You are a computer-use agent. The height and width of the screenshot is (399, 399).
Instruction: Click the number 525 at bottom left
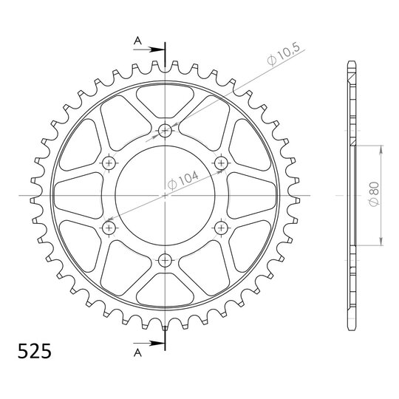coord(34,351)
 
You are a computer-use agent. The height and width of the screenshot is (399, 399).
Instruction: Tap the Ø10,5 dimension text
coord(283,55)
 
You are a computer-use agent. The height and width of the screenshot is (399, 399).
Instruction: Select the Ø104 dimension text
coord(183,180)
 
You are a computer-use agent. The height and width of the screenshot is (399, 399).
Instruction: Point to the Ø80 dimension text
coord(374,194)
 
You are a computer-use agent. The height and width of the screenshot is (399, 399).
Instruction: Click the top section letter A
coord(137,40)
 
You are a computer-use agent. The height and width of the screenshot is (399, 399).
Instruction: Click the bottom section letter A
coord(137,352)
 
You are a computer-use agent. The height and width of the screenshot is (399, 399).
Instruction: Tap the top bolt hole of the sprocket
coord(166,131)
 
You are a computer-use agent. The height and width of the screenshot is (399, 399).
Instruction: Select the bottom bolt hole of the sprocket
coord(166,260)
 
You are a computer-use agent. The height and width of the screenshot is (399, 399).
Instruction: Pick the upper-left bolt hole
coord(109,163)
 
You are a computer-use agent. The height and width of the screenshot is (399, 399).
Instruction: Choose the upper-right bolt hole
coord(222,163)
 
